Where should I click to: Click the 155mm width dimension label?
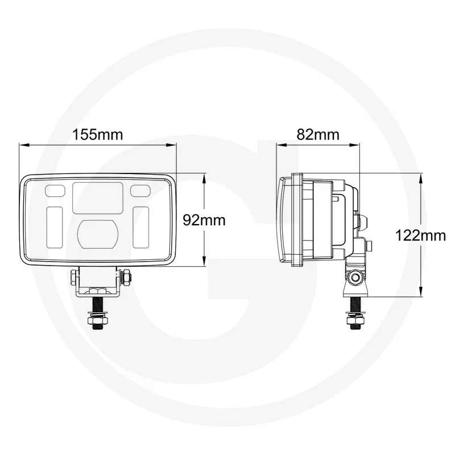pos(97,135)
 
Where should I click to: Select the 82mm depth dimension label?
pos(318,135)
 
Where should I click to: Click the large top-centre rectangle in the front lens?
pos(98,197)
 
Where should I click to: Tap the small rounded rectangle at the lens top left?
pos(55,189)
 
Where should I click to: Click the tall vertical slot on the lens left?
pos(55,227)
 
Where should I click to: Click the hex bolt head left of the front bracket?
pos(73,278)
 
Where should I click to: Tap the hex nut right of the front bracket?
pos(126,278)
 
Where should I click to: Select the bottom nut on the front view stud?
pos(97,322)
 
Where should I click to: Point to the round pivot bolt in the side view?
pos(356,277)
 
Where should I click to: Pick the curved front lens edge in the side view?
pos(283,219)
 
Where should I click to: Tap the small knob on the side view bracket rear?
pos(369,246)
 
